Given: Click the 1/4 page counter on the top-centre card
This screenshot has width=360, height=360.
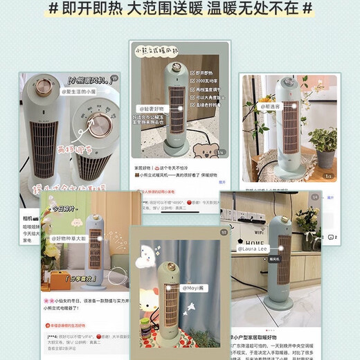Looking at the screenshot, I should [x=221, y=152].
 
